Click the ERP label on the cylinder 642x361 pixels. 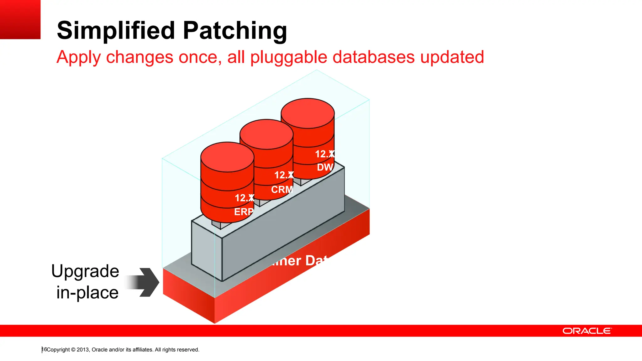click(x=244, y=212)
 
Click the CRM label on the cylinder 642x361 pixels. click(x=282, y=190)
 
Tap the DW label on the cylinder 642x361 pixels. click(x=324, y=167)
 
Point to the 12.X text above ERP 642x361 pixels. click(x=244, y=198)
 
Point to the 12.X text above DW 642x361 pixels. click(x=324, y=154)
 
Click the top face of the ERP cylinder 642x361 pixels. click(x=227, y=157)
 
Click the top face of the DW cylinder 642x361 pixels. click(x=308, y=113)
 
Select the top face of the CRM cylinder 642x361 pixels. click(x=266, y=134)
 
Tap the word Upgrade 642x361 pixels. click(x=85, y=271)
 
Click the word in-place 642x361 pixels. click(x=87, y=293)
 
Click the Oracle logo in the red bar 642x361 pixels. click(x=587, y=331)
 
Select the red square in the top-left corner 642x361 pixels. click(x=20, y=19)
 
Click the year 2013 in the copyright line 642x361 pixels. click(x=83, y=350)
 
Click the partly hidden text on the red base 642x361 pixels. click(x=298, y=261)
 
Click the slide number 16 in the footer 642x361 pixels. click(x=44, y=349)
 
